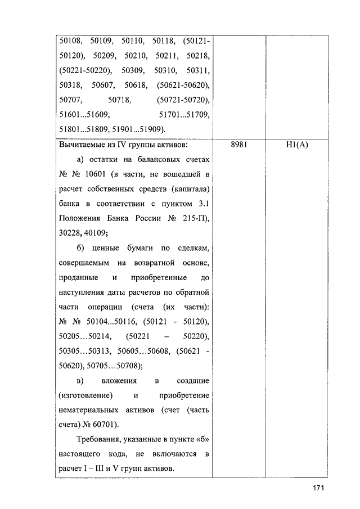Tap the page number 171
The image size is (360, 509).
(x=318, y=488)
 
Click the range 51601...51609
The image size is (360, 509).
(x=83, y=115)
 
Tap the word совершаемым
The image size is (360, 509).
(x=83, y=263)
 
